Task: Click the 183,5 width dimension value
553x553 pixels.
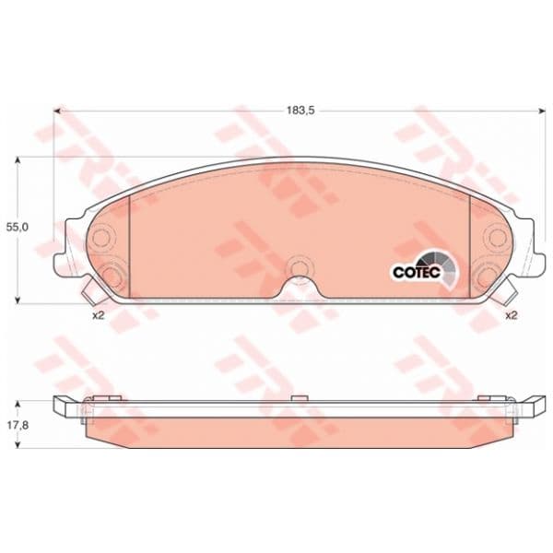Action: coord(300,111)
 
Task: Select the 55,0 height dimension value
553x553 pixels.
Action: coord(17,227)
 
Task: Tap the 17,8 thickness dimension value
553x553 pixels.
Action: coord(17,425)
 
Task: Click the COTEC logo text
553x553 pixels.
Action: coord(417,272)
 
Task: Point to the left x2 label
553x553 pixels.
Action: coord(99,315)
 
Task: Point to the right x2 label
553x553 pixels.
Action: coord(511,315)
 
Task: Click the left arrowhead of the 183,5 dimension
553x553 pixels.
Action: coord(58,111)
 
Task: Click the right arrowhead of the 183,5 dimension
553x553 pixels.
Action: coord(541,111)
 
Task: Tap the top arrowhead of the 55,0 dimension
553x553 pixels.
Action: coord(17,160)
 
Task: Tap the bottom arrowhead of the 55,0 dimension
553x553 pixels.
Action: coord(17,299)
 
